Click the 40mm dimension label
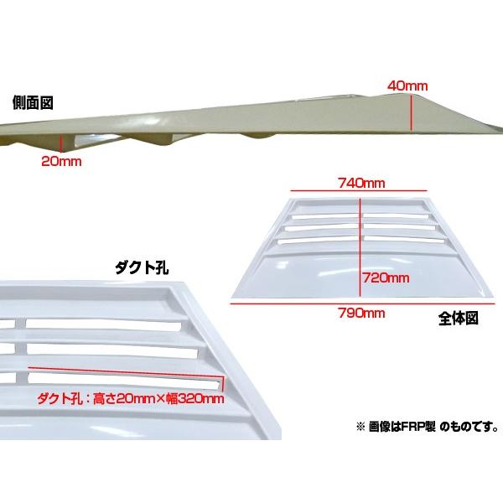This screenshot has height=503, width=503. pos(407,86)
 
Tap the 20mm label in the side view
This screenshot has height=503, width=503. pos(61,161)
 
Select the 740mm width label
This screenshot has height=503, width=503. pos(361,183)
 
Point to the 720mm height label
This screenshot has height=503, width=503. pos(386,277)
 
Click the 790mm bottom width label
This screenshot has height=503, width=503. pos(361,313)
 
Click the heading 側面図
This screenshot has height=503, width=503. pos(33,103)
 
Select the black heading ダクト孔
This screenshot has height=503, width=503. pos(142,268)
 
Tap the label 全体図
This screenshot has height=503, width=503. pos(459,319)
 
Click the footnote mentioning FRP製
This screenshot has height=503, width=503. pos(428,427)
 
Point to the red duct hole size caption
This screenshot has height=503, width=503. pos(131,399)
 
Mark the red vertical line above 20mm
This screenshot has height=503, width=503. pos(61,143)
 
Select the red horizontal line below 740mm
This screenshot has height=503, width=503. pos(359,191)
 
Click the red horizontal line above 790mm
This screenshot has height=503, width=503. pos(363,303)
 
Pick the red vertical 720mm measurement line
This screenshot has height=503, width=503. pos(360,247)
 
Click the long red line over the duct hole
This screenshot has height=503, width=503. pos(126,372)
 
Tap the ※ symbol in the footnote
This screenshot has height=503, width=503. pos(360,427)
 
